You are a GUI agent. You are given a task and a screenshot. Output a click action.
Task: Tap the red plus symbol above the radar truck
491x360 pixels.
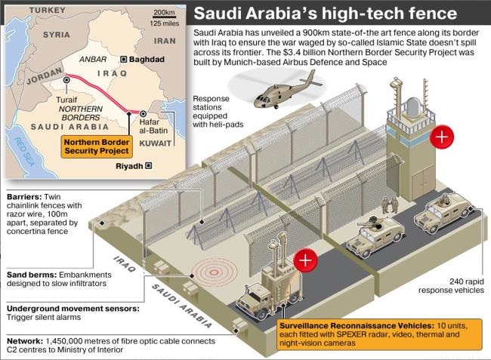click(305, 260)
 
